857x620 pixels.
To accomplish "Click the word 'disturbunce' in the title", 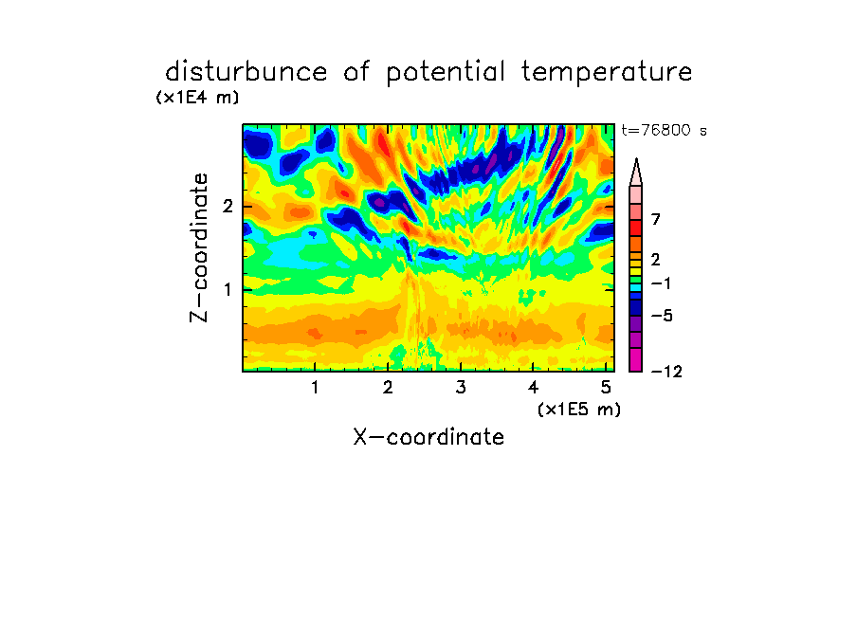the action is coord(246,72).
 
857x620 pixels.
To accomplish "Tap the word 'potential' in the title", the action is coord(446,73).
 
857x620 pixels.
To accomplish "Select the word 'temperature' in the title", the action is coord(607,73).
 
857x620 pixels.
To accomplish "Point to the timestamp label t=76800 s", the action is coord(664,130).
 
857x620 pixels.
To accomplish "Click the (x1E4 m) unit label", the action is coord(197,98).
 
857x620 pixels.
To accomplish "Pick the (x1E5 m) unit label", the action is coord(579,409).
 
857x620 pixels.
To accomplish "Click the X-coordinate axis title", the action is coord(428,437).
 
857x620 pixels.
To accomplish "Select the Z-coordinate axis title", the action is coord(199,247).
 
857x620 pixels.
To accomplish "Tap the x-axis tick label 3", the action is coord(461,387).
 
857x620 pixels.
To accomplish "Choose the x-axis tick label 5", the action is coord(606,387).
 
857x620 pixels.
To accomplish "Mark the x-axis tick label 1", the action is coord(316,387).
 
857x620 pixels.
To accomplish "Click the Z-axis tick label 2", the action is coord(228,206).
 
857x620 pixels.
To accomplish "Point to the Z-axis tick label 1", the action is coord(228,289).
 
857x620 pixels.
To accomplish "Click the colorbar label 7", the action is coord(656,219).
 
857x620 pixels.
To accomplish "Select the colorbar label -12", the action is coord(666,372).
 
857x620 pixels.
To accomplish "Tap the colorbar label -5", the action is coord(662,316).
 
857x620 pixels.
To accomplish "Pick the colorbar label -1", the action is coord(661,283).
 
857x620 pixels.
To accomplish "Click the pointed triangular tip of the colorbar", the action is coord(636,159).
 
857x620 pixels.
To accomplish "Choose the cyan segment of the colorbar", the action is coord(636,287).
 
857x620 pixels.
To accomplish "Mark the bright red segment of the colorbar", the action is coord(636,228).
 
